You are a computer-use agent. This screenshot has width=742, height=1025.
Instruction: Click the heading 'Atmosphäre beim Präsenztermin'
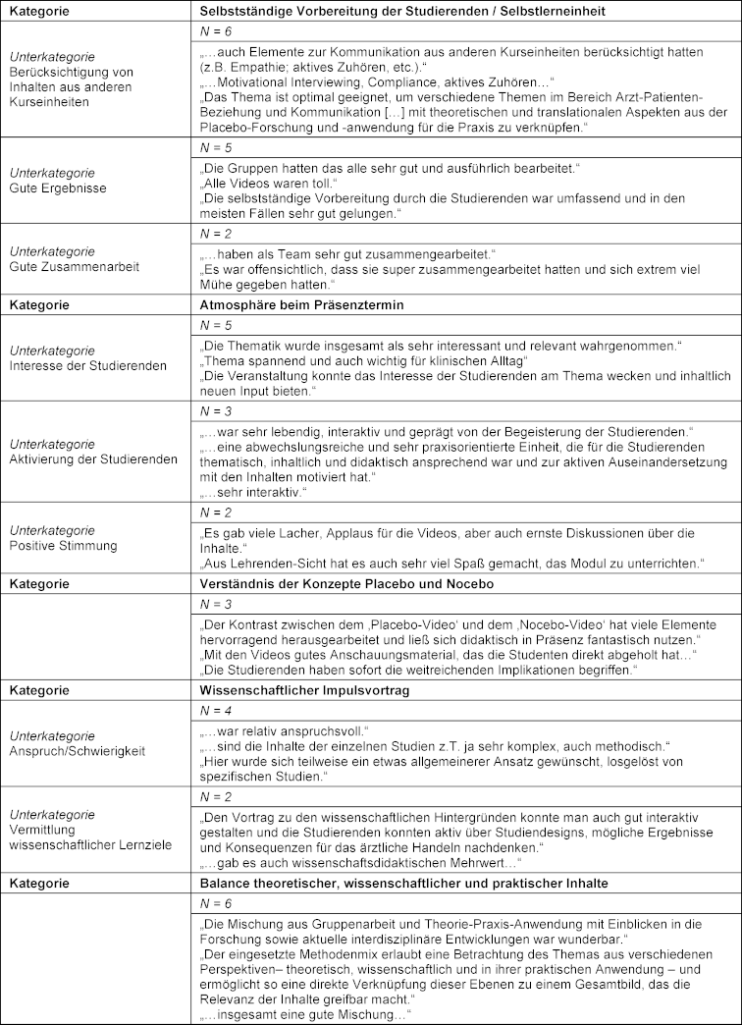tap(290, 305)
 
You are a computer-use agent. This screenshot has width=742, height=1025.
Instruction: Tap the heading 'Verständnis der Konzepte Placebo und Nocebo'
tap(333, 583)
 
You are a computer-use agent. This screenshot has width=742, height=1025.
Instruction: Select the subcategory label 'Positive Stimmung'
tap(59, 545)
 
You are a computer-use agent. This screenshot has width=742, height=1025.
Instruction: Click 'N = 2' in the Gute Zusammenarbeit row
tap(212, 236)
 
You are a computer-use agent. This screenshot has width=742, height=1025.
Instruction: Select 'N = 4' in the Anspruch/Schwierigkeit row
tap(212, 709)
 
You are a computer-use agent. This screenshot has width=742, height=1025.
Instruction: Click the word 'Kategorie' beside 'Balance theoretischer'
tap(39, 883)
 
